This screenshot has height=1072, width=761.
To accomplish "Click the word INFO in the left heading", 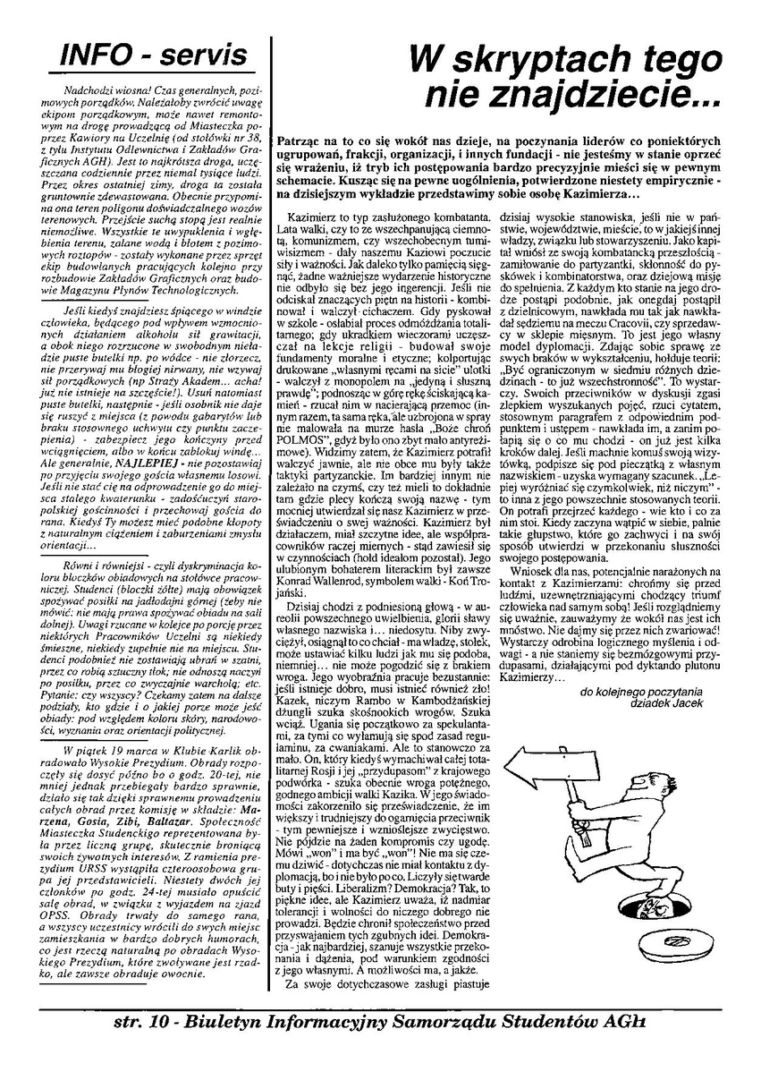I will (x=89, y=55).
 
